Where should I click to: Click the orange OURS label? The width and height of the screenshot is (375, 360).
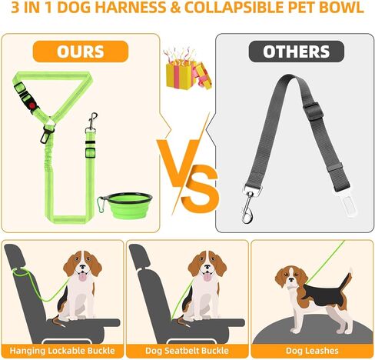(x=81, y=52)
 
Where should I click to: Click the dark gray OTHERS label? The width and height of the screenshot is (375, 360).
(x=297, y=52)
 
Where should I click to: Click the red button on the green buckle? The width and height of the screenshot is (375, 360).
(x=32, y=105)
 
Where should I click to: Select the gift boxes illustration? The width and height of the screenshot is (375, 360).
(x=187, y=69)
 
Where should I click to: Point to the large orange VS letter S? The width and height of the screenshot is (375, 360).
(x=200, y=189)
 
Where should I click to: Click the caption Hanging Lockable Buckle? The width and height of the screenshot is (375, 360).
(x=62, y=351)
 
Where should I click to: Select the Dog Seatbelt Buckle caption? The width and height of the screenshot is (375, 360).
(x=187, y=351)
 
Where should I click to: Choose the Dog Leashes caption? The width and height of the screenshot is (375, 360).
(x=312, y=351)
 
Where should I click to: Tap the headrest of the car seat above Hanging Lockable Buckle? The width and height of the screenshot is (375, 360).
(x=15, y=256)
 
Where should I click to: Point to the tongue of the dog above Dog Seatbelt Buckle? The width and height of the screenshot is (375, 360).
(x=207, y=277)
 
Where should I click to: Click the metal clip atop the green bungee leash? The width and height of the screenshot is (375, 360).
(x=91, y=122)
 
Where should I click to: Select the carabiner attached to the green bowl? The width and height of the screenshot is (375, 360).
(x=101, y=205)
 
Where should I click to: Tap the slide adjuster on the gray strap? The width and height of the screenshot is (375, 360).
(x=313, y=111)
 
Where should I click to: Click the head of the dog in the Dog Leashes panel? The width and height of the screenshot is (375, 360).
(x=290, y=278)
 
